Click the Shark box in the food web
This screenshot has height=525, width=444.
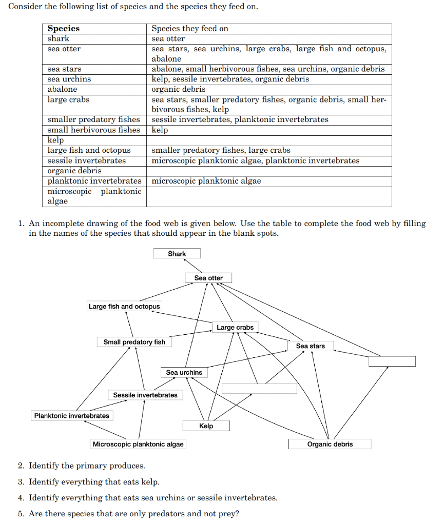tap(177, 254)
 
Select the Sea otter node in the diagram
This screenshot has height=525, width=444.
tap(208, 278)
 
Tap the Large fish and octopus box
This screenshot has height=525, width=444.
tap(124, 307)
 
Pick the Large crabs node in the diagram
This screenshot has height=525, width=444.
tap(235, 327)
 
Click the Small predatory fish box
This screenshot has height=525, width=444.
tap(134, 342)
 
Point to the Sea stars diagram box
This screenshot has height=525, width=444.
tap(310, 346)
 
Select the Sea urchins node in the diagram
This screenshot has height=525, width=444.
tap(184, 372)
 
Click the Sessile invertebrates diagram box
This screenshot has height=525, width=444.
tap(145, 395)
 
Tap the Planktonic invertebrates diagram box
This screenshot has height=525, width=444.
tap(72, 416)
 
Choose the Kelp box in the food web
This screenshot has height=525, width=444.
tap(206, 426)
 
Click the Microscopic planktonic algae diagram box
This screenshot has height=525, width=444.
tap(138, 444)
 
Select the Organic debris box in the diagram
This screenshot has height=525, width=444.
tap(330, 444)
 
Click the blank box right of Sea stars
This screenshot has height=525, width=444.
tap(392, 361)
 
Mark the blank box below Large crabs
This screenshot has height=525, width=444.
tap(259, 389)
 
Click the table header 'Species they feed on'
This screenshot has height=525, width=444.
tap(190, 29)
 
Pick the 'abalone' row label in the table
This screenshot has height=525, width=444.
tap(62, 89)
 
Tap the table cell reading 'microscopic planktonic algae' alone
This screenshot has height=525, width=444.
tap(206, 181)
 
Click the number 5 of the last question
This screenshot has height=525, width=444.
tap(20, 514)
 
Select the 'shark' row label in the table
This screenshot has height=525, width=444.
tap(58, 39)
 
